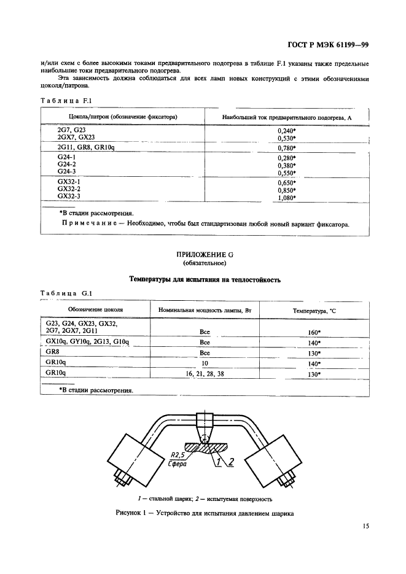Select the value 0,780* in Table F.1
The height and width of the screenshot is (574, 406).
[287, 148]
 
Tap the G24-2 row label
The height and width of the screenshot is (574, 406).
[66, 165]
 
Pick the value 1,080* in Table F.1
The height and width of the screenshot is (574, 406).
[287, 198]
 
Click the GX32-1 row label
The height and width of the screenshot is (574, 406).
[69, 182]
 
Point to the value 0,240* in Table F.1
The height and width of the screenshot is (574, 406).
[287, 131]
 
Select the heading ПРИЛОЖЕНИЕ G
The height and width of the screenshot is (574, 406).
[205, 254]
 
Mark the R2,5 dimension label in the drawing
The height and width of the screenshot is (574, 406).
[178, 456]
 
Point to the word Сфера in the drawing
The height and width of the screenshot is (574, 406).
[179, 465]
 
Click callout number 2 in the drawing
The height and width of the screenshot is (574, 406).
[230, 462]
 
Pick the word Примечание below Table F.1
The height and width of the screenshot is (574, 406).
[88, 224]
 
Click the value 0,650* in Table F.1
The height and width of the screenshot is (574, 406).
[287, 182]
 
